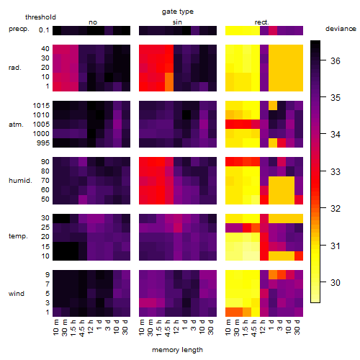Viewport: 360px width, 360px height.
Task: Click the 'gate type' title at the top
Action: [178, 12]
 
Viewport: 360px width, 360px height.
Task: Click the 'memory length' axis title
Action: [177, 350]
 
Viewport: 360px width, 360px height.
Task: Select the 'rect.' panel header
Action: [261, 22]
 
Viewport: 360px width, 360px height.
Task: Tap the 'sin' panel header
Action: [177, 22]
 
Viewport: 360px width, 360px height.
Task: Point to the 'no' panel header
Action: [93, 22]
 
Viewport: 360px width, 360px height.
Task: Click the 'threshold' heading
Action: [40, 17]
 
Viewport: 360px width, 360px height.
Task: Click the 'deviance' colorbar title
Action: [341, 29]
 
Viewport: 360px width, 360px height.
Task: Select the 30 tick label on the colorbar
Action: [336, 282]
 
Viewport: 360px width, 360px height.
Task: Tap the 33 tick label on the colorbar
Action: [336, 171]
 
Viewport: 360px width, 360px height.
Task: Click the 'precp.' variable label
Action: [19, 29]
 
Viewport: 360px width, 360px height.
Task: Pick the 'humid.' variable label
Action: [20, 181]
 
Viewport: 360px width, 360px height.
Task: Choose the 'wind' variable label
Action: [17, 294]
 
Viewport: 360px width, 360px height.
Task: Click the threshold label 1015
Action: [41, 106]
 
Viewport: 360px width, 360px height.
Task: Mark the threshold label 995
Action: [43, 143]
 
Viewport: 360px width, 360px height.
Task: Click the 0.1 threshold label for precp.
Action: [44, 30]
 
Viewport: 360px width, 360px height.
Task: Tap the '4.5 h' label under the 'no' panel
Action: [81, 328]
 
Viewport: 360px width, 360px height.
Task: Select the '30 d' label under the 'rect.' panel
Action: [297, 328]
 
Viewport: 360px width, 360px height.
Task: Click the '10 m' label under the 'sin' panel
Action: [142, 328]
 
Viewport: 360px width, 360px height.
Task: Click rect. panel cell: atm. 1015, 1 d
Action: [273, 106]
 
